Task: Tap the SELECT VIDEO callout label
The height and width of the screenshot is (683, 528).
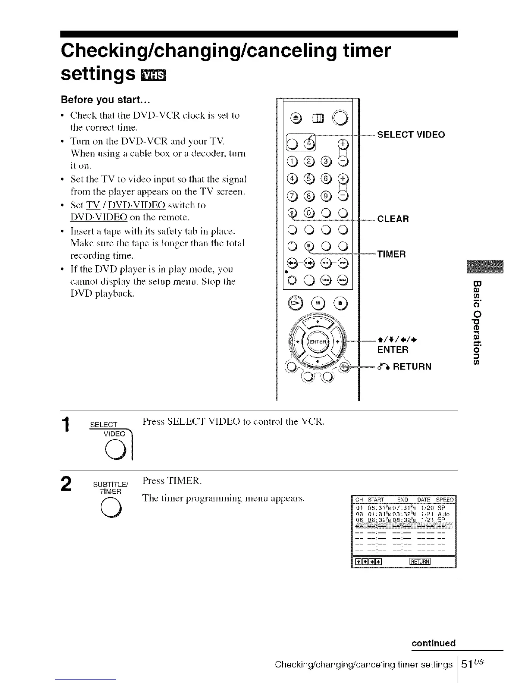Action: pyautogui.click(x=411, y=135)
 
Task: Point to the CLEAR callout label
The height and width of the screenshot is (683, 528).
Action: pyautogui.click(x=393, y=219)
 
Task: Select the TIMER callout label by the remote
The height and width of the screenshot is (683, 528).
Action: pyautogui.click(x=391, y=254)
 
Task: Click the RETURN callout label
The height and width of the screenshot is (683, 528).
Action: pyautogui.click(x=405, y=367)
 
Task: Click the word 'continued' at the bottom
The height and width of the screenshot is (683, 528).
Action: pyautogui.click(x=434, y=643)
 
